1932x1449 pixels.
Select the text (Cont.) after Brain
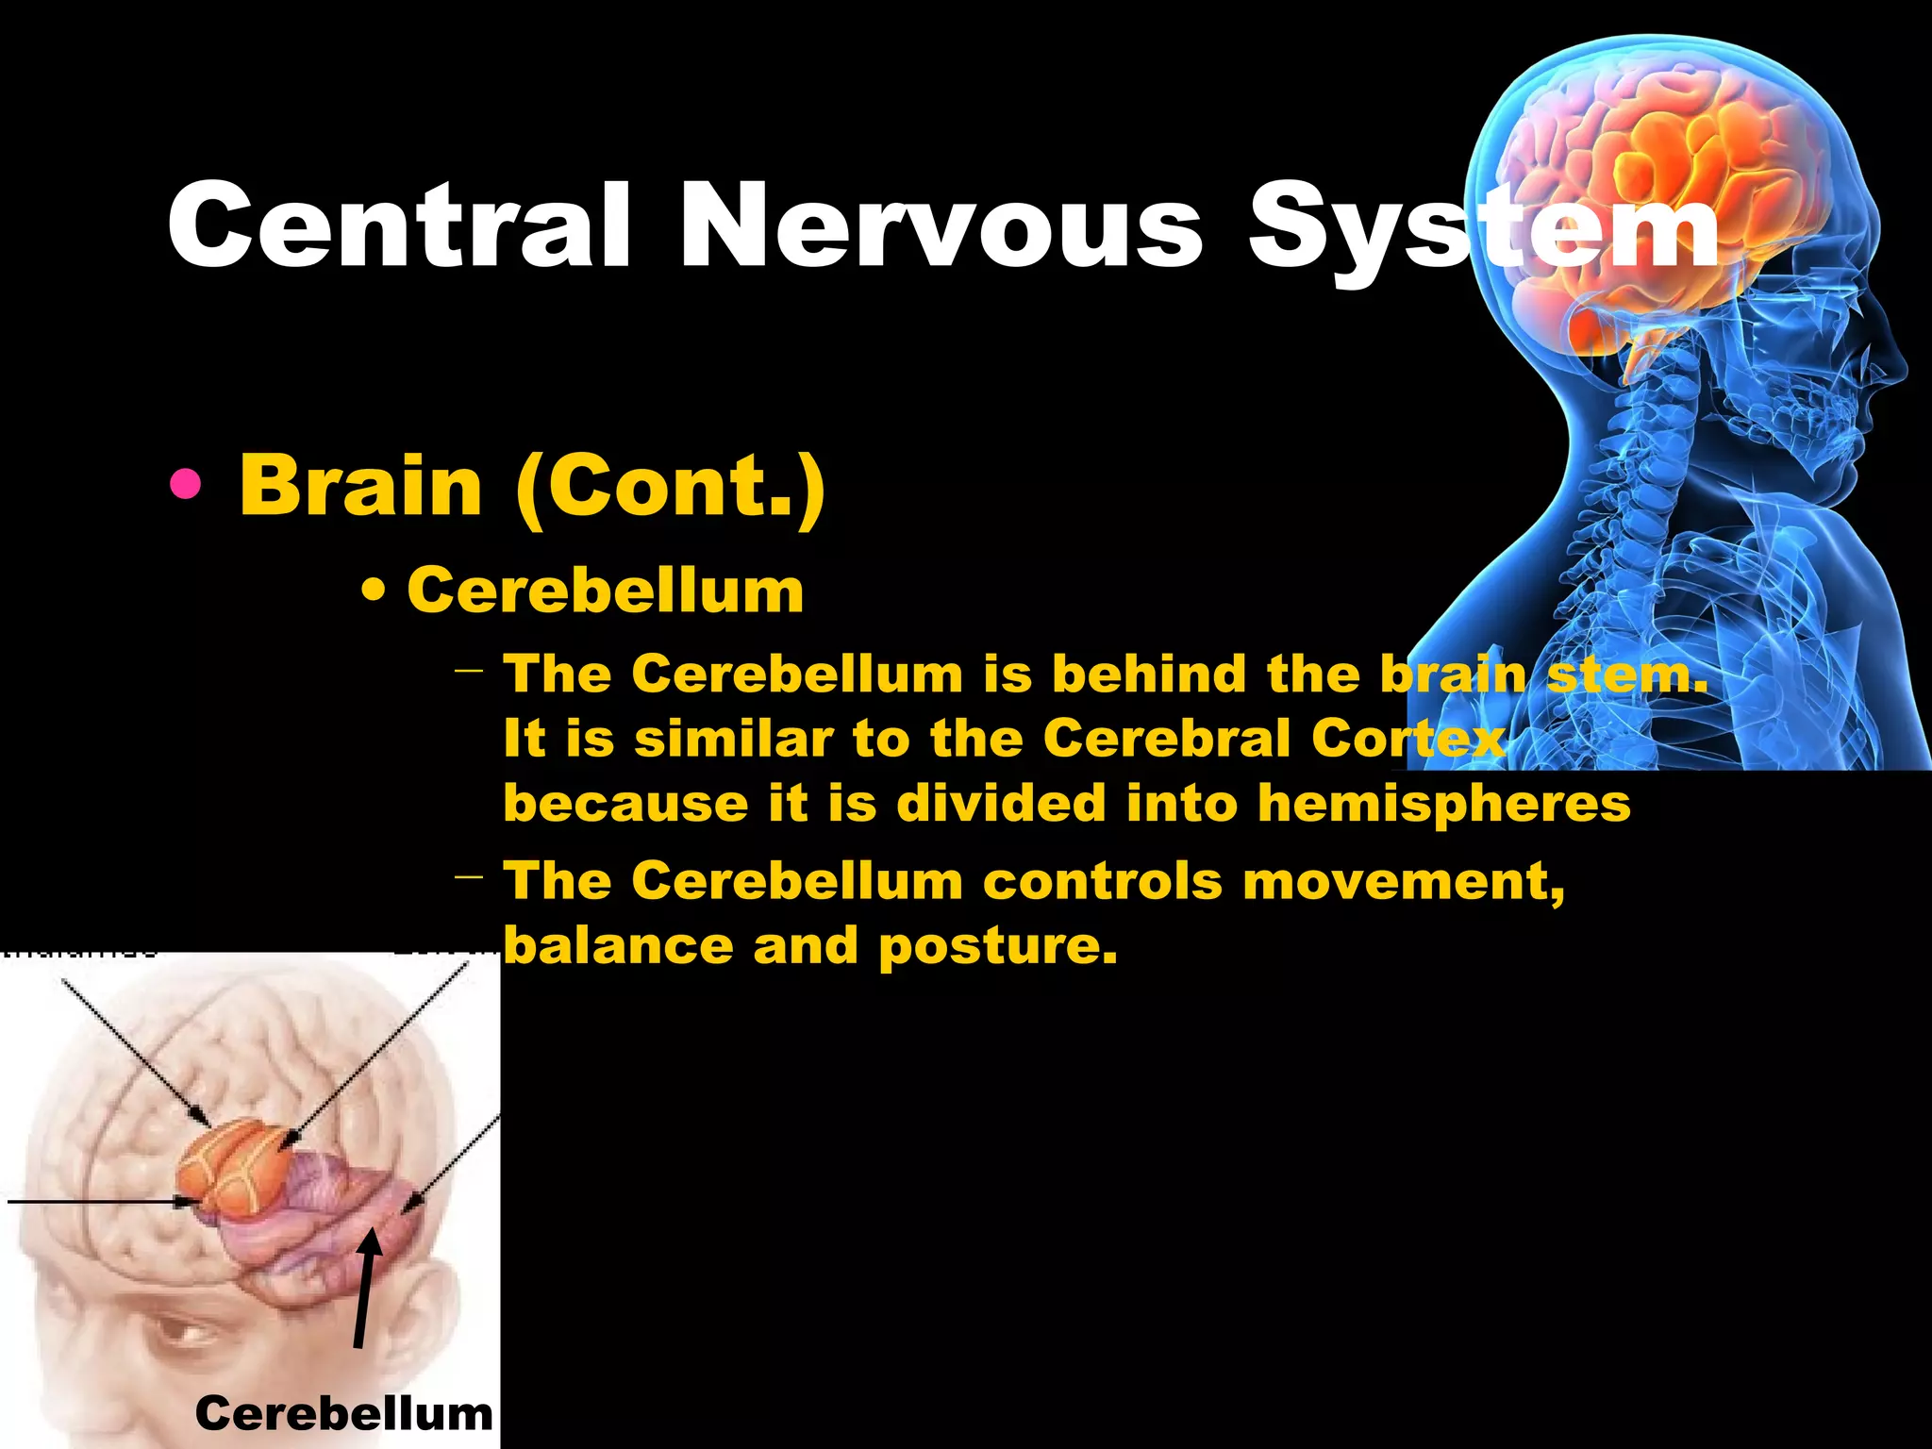tap(671, 485)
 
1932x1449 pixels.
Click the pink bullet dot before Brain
tap(186, 485)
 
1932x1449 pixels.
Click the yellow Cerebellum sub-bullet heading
tap(605, 591)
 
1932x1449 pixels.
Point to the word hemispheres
tap(1444, 804)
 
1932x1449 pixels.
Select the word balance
tap(618, 945)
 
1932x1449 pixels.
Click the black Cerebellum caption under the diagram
tap(343, 1413)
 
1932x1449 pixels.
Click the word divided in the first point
tap(1000, 804)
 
